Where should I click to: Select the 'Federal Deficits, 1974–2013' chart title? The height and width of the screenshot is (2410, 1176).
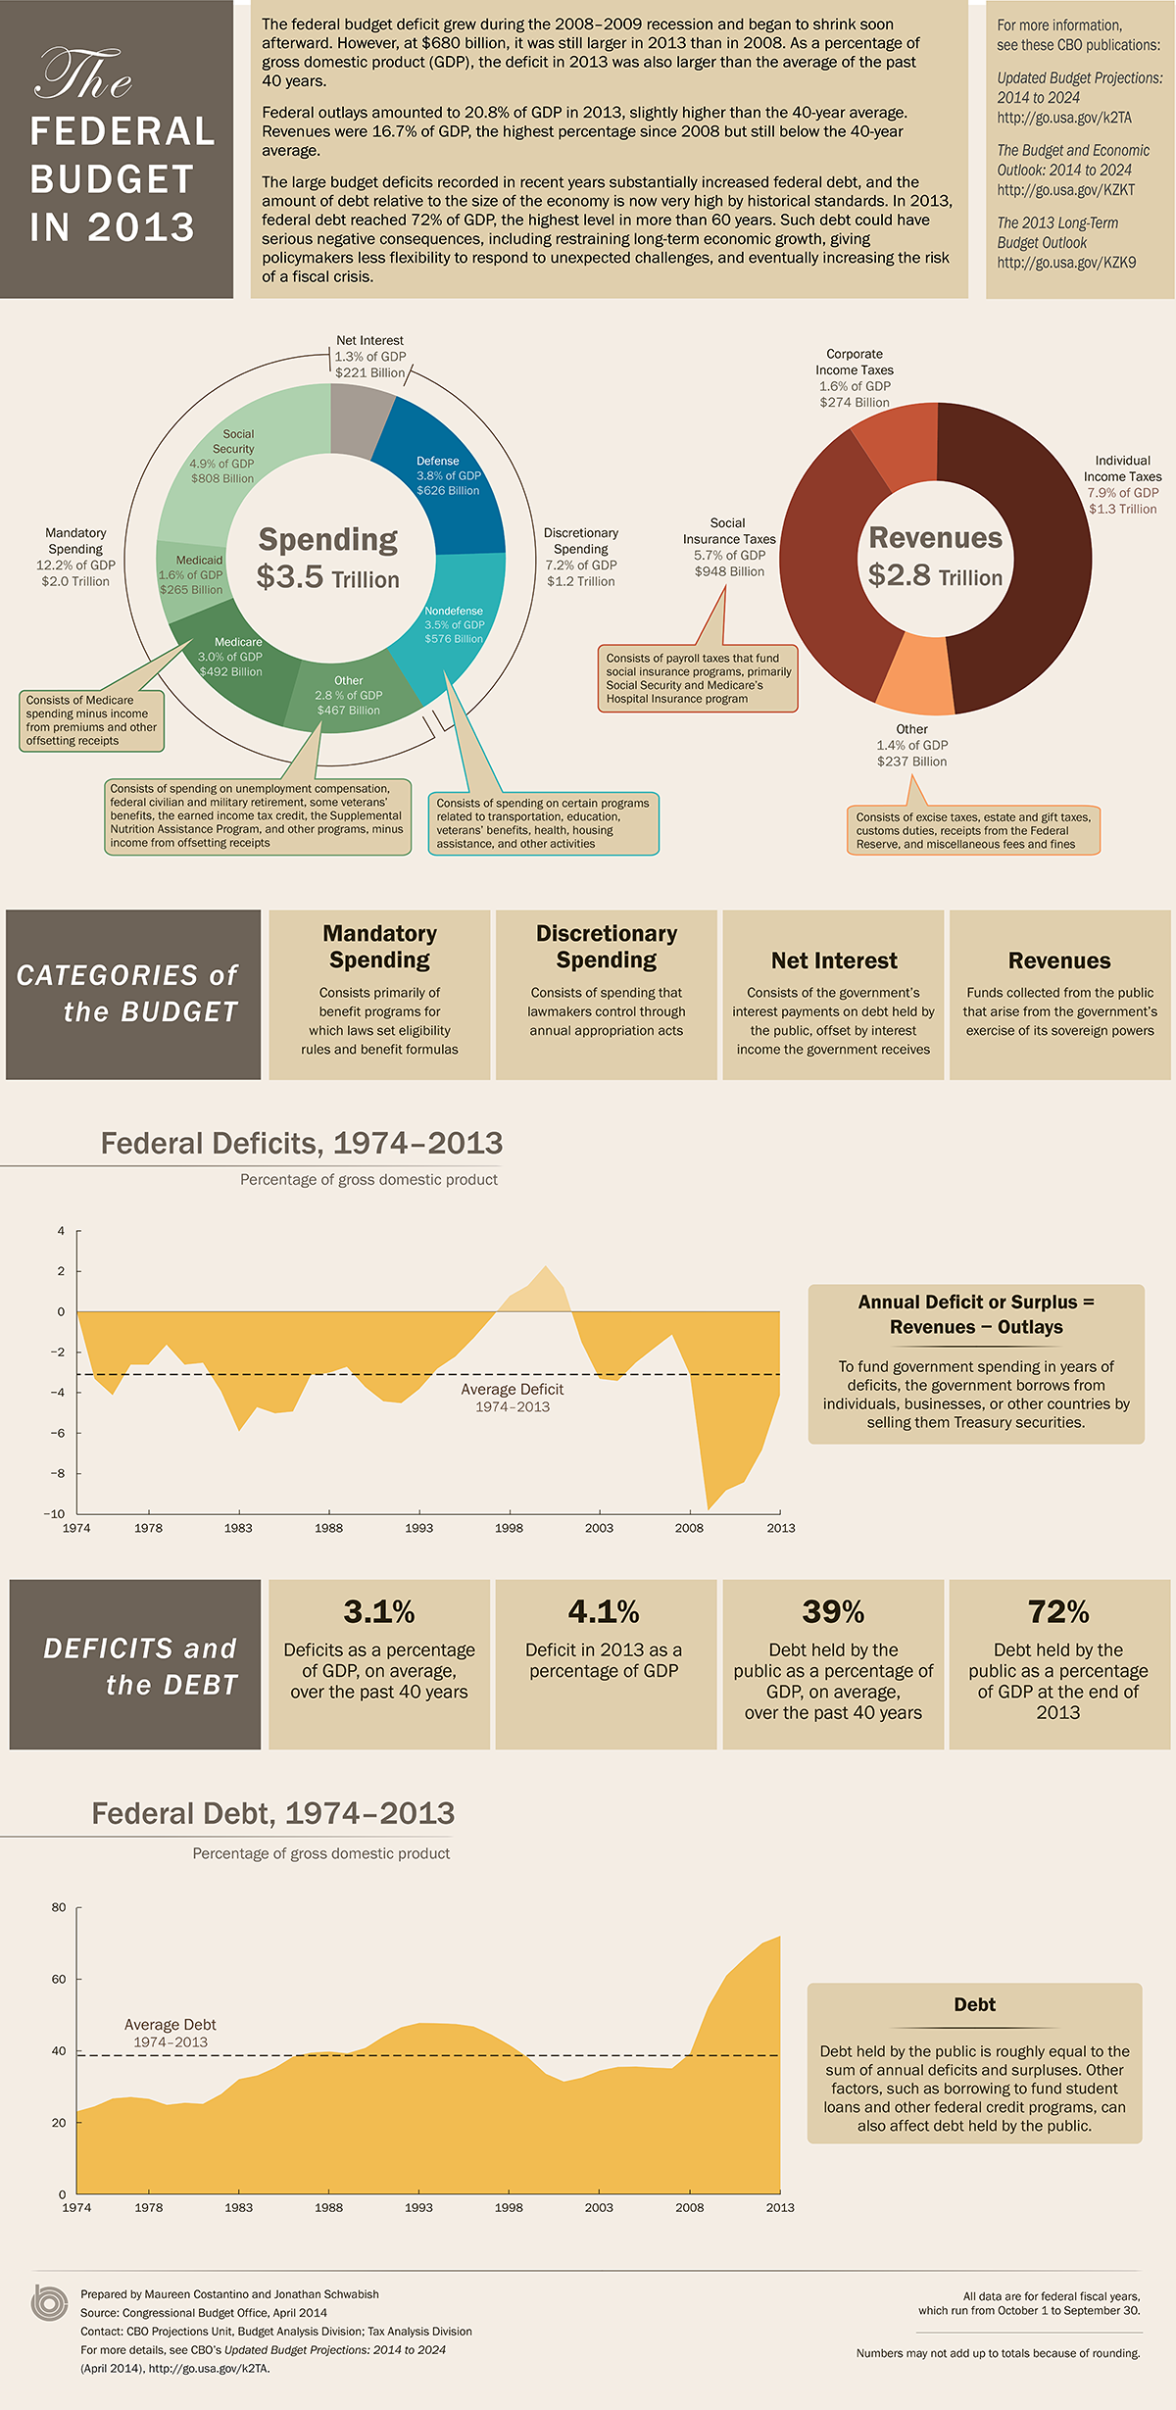302,1143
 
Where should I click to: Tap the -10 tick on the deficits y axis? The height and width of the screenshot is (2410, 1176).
54,1513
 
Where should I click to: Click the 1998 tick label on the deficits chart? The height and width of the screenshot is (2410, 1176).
509,1528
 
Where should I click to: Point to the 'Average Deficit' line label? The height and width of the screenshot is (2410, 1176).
513,1390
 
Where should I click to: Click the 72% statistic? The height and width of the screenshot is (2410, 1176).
1058,1612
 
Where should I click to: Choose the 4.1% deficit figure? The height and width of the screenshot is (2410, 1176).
604,1612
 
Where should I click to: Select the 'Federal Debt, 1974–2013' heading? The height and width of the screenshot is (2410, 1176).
273,1813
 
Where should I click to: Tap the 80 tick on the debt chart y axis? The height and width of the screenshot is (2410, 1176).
59,1907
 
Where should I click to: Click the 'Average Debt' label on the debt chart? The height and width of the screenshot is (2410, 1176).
171,2025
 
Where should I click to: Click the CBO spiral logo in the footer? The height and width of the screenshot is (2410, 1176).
49,2303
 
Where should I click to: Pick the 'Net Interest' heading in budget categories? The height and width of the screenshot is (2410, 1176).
834,960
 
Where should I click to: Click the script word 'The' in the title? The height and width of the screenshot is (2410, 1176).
83,76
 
